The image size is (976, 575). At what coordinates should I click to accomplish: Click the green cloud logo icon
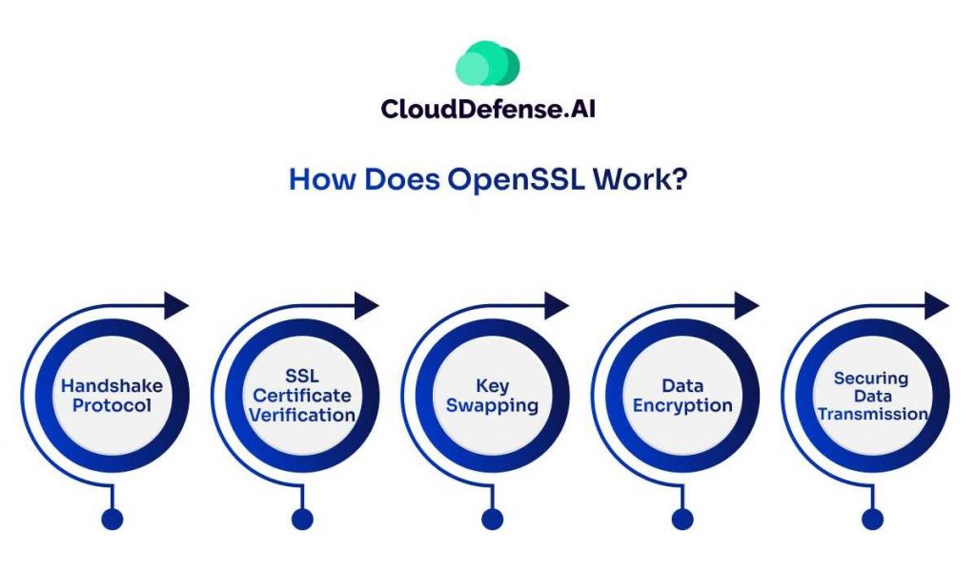pos(487,65)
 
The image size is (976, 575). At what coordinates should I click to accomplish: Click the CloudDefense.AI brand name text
pos(488,109)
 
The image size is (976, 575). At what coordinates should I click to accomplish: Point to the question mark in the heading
pos(678,180)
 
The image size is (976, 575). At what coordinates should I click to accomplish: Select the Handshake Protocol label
pos(112,396)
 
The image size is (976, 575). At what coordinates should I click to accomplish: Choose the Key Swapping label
pos(493,396)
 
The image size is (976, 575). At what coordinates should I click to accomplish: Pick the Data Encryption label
pos(682,396)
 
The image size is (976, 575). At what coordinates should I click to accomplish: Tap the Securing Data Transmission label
pos(872,396)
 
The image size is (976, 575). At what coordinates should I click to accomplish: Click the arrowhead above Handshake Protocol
pos(176,306)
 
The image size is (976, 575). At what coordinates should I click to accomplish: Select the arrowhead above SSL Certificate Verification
pos(367,306)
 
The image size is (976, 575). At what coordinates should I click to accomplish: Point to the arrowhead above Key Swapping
pos(557,306)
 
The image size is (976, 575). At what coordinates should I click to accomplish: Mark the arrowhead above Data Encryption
pos(746,306)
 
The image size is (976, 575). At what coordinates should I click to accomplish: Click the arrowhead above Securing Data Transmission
pos(937,306)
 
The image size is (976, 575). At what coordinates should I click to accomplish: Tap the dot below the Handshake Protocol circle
pos(112,519)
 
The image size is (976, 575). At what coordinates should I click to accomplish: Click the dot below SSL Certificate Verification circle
pos(302,519)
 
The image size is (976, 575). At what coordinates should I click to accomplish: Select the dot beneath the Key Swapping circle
pos(492,519)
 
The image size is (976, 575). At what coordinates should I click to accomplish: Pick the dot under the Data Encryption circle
pos(682,519)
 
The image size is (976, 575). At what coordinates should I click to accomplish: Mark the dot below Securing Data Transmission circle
pos(872,519)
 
